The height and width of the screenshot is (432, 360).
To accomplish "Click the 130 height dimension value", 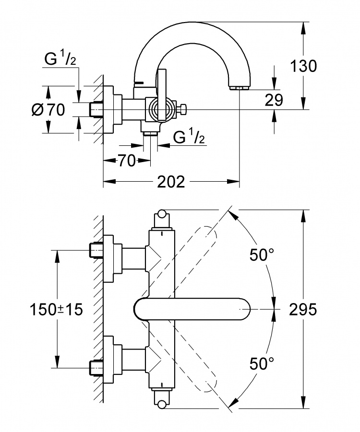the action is coord(303,66).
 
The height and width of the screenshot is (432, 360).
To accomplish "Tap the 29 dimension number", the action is coord(274,100).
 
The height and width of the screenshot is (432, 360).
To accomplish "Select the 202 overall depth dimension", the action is coord(171,182).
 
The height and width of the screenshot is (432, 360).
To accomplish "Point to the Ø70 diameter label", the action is coord(48,109).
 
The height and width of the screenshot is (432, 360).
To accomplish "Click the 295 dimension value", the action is coord(303,309).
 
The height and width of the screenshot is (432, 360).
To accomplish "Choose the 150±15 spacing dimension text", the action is coord(56,309).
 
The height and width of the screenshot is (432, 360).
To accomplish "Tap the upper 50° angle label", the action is coord(262,255).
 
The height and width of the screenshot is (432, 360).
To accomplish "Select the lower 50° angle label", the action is coord(262,363).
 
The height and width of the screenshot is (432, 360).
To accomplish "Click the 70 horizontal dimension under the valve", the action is coord(127,160).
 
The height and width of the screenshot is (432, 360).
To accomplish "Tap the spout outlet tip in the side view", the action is coord(240,88).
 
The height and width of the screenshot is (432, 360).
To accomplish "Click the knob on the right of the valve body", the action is coord(182,109).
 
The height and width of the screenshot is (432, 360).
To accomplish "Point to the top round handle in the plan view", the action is coord(161,213).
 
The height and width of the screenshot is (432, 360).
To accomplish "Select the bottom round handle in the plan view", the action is coord(161,405).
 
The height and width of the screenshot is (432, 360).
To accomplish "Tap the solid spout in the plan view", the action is coord(192,309).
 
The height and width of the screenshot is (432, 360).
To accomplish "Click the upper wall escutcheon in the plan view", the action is coord(112,259).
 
